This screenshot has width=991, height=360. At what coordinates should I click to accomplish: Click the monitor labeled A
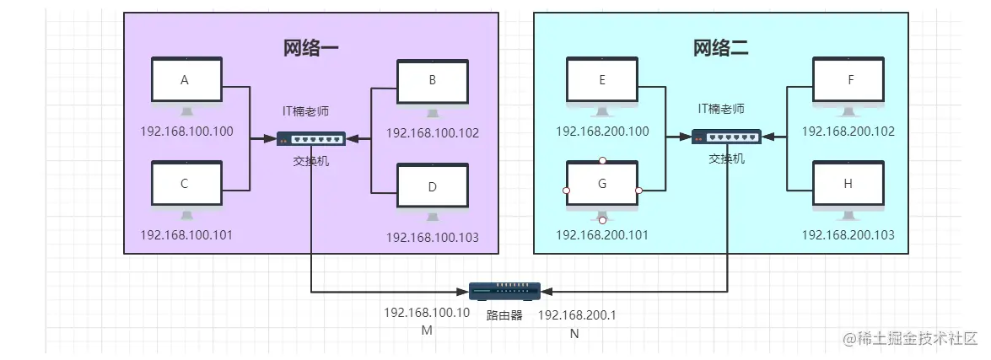pos(186,82)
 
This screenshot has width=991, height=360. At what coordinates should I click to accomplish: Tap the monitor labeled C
pos(186,184)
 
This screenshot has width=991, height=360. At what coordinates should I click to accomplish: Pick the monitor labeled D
pos(432,186)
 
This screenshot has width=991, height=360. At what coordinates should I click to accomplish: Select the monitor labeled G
pos(601,185)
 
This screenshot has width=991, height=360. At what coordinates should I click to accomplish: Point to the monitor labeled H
pos(848,185)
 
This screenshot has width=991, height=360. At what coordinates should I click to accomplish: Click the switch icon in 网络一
pos(310,138)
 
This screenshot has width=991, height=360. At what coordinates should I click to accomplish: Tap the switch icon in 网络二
pos(726,137)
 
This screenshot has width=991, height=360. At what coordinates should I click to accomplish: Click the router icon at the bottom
pos(505,291)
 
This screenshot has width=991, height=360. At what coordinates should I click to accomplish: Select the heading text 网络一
pos(310,47)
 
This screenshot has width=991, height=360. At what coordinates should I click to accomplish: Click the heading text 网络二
pos(721,47)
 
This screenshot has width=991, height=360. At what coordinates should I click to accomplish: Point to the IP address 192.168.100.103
pos(432,238)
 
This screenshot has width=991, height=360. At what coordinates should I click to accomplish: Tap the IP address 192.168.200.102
pos(848,132)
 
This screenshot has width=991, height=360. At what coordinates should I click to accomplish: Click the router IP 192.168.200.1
pos(577,314)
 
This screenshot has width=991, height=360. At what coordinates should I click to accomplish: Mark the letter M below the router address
pos(426,330)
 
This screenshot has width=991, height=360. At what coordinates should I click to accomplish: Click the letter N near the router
pos(574,334)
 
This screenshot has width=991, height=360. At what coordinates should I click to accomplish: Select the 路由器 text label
pos(504,315)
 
